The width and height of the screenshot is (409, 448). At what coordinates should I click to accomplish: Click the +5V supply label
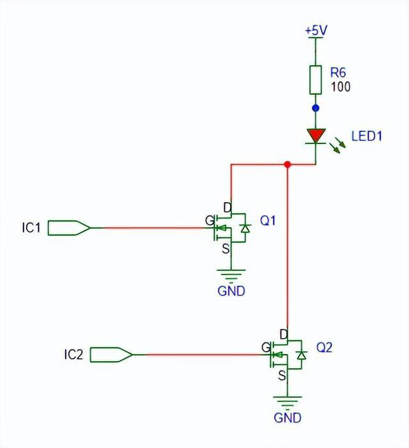tap(315, 30)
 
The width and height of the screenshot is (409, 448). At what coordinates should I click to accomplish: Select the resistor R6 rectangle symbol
tap(315, 79)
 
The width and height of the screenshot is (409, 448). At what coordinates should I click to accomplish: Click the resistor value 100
tap(341, 88)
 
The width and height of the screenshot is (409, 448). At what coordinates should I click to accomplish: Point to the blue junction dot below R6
tap(315, 108)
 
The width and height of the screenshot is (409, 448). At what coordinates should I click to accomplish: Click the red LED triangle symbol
tap(316, 136)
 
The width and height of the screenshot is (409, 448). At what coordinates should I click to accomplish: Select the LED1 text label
tap(367, 136)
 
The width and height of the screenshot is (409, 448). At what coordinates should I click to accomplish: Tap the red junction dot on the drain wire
tap(288, 164)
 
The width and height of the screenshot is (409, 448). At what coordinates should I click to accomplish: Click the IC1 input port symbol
tap(70, 227)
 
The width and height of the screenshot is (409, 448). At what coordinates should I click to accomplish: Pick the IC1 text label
tap(31, 227)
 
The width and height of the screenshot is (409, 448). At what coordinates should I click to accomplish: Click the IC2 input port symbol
tap(112, 354)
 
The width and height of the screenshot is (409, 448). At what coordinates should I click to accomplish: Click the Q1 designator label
tap(268, 221)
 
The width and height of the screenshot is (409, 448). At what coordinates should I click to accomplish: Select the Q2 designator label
tap(325, 348)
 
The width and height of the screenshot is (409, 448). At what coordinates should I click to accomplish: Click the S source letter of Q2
tap(281, 377)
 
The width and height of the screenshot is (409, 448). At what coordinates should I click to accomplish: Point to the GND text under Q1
tap(231, 291)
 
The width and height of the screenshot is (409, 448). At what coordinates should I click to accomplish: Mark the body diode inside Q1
tap(244, 228)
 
